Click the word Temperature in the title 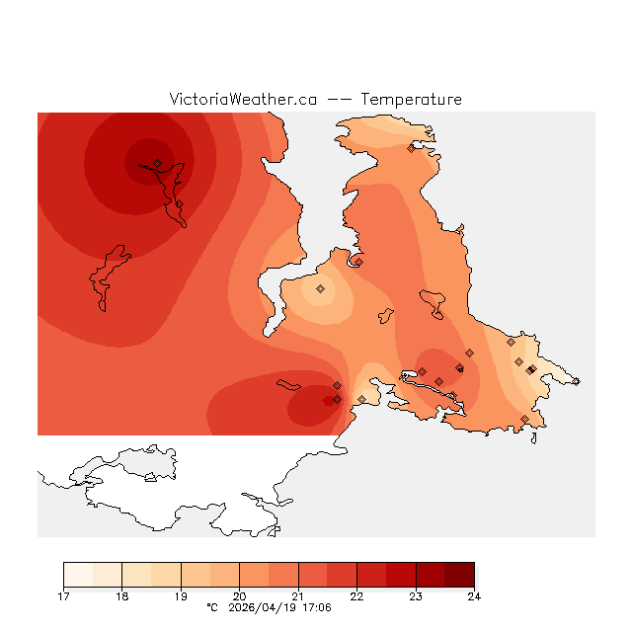[x=411, y=100]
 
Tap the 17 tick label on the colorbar [x=63, y=596]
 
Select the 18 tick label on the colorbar [x=121, y=596]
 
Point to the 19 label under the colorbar [x=181, y=596]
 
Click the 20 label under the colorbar [x=239, y=596]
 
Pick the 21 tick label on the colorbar [x=298, y=596]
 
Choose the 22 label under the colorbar [x=356, y=596]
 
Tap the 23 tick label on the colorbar [x=416, y=596]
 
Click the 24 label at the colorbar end [x=474, y=596]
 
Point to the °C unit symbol [x=212, y=608]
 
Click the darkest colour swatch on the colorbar [x=459, y=576]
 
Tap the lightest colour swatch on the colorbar [x=78, y=576]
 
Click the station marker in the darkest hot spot [x=157, y=163]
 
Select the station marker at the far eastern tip [x=576, y=381]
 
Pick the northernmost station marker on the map [x=411, y=149]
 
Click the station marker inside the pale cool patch [x=320, y=288]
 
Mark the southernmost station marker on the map [x=524, y=419]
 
